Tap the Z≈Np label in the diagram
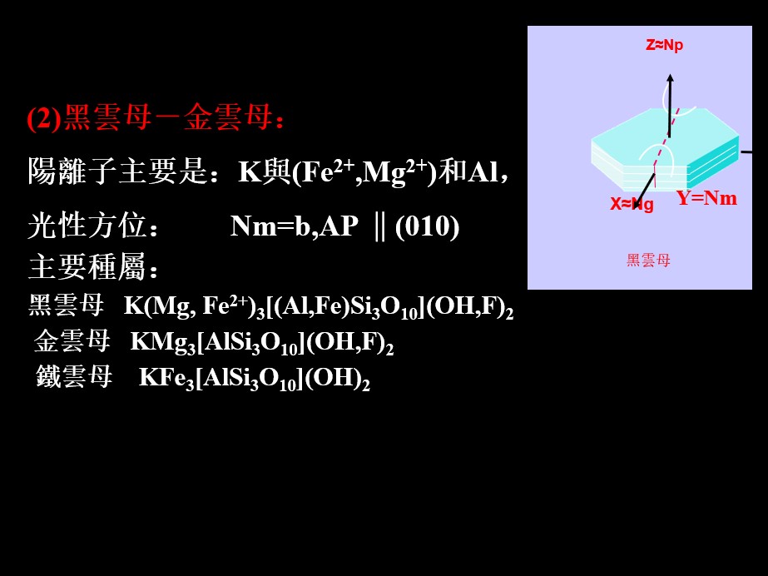click(664, 46)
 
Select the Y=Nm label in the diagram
click(706, 198)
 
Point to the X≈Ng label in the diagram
click(632, 204)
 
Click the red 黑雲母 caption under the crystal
click(648, 260)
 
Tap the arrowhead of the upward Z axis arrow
click(670, 78)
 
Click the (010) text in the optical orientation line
click(427, 226)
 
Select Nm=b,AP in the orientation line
click(295, 226)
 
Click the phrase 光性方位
click(87, 226)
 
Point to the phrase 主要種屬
click(87, 267)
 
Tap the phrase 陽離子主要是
click(117, 171)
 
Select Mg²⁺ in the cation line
click(394, 171)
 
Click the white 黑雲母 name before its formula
click(66, 305)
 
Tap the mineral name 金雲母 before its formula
click(72, 341)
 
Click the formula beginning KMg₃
click(262, 342)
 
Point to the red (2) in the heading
click(45, 118)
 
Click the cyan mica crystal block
click(665, 150)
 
